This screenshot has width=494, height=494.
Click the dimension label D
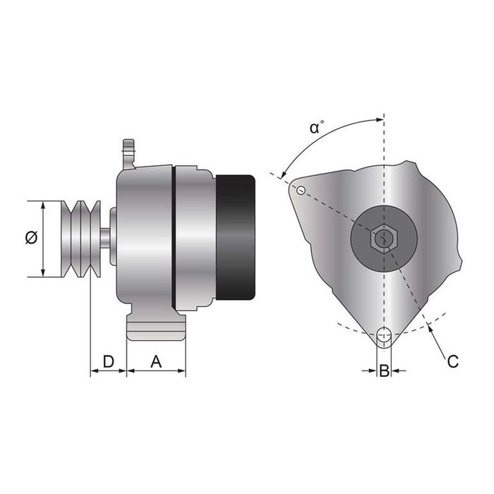[x=108, y=361]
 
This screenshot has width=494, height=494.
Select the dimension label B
[x=383, y=370]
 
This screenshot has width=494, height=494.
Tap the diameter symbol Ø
[x=30, y=239]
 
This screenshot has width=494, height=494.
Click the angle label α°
[x=318, y=128]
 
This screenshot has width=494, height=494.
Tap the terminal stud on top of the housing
[x=128, y=150]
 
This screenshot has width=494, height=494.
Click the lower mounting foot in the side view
[x=156, y=329]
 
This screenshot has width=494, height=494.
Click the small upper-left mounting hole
[x=301, y=189]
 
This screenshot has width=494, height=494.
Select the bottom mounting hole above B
[x=384, y=335]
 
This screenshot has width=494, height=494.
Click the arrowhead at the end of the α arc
[x=283, y=174]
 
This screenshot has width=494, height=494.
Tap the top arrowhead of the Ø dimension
[x=44, y=205]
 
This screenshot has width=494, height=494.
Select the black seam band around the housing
[x=174, y=236]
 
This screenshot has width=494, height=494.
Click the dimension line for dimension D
[x=108, y=371]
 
